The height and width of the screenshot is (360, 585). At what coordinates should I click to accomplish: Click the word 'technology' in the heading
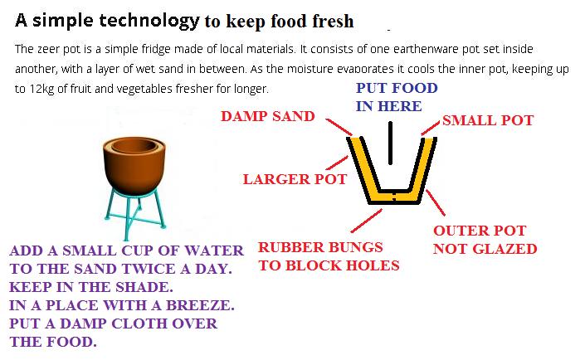click(x=149, y=22)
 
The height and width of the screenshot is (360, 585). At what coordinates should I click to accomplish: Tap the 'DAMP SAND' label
click(x=267, y=116)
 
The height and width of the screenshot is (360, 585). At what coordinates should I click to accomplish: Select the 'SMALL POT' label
click(x=488, y=120)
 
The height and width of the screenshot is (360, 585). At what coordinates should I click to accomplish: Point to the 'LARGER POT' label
click(x=295, y=179)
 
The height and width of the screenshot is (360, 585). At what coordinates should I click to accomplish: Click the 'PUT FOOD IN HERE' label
click(x=397, y=97)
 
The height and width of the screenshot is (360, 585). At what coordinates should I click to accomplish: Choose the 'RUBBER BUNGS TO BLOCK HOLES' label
click(x=329, y=256)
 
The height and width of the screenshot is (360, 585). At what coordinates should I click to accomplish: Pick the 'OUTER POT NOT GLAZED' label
click(x=485, y=240)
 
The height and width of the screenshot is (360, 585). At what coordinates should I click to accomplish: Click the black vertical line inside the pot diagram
click(x=390, y=143)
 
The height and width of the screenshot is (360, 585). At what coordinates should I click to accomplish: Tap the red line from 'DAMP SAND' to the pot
click(x=339, y=127)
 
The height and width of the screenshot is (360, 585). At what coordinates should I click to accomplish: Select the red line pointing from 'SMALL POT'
click(x=430, y=128)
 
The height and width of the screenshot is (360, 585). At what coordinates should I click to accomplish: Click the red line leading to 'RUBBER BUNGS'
click(x=367, y=221)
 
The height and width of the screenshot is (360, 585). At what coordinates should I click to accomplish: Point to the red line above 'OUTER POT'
click(x=436, y=202)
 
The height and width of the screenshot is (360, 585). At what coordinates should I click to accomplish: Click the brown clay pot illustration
click(x=134, y=166)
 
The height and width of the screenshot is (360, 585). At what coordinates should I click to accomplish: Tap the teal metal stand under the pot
click(x=134, y=213)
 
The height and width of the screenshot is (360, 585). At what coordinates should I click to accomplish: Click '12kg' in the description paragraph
click(x=41, y=89)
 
